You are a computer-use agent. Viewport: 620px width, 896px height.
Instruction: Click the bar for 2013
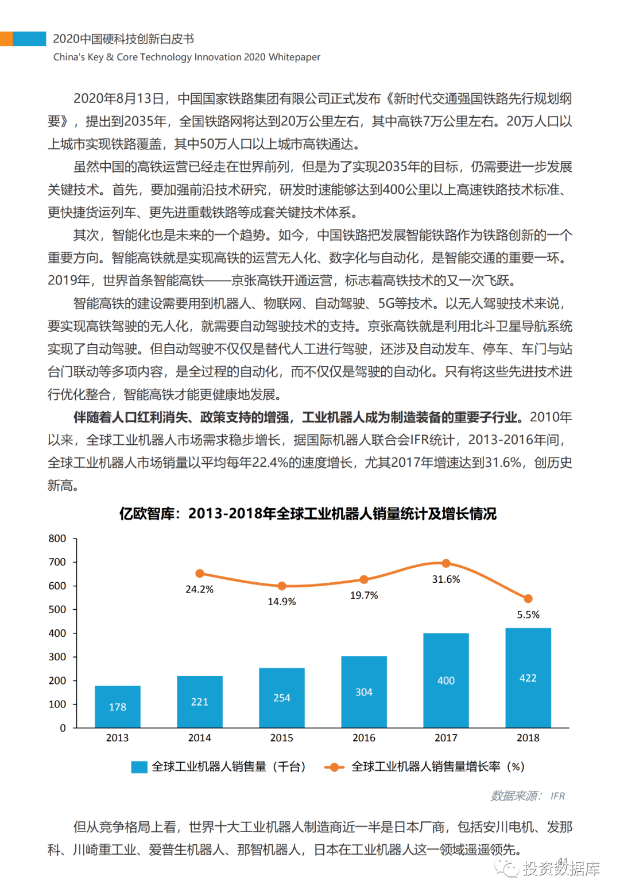pyautogui.click(x=117, y=706)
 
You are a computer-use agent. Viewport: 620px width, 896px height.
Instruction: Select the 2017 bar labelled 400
pyautogui.click(x=446, y=680)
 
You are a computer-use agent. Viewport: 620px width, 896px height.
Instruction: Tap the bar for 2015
pyautogui.click(x=281, y=697)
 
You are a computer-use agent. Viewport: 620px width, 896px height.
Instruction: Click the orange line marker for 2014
pyautogui.click(x=200, y=574)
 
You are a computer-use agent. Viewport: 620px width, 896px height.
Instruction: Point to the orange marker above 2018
pyautogui.click(x=528, y=599)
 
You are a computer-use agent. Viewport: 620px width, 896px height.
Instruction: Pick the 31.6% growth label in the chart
pyautogui.click(x=446, y=579)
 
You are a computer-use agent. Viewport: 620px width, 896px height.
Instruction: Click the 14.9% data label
pyautogui.click(x=281, y=602)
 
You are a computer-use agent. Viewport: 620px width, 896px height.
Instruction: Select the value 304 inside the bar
pyautogui.click(x=364, y=692)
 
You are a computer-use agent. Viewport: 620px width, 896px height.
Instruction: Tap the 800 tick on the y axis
pyautogui.click(x=57, y=539)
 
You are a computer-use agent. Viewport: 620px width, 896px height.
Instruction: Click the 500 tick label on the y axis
pyautogui.click(x=57, y=609)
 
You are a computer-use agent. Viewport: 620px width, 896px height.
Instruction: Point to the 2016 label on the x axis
pyautogui.click(x=364, y=738)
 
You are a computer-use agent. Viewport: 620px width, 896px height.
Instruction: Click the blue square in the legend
pyautogui.click(x=139, y=767)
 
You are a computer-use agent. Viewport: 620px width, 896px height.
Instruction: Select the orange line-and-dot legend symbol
pyautogui.click(x=334, y=767)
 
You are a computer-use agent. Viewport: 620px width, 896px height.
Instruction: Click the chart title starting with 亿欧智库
pyautogui.click(x=308, y=513)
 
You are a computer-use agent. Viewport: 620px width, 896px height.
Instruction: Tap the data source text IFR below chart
pyautogui.click(x=557, y=796)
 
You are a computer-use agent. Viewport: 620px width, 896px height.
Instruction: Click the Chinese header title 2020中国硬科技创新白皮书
pyautogui.click(x=123, y=39)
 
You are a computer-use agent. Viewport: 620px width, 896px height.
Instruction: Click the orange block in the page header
pyautogui.click(x=6, y=39)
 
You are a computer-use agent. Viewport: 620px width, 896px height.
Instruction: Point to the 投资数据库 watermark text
pyautogui.click(x=561, y=869)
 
